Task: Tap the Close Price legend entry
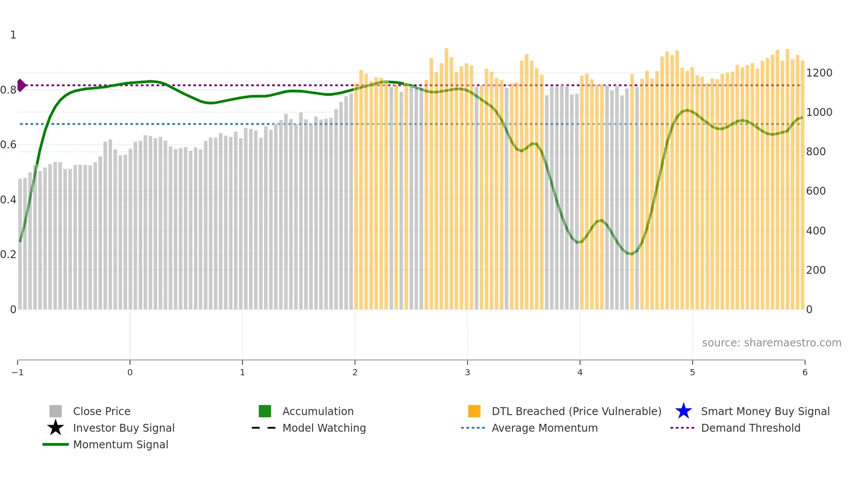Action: coord(101,411)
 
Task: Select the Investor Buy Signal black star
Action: coord(56,428)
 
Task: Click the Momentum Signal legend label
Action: coord(120,444)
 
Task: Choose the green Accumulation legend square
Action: coord(265,411)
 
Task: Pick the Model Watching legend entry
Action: coord(324,428)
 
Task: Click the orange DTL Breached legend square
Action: coord(474,411)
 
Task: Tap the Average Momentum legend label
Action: coord(545,428)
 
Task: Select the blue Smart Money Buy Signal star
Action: coord(683,411)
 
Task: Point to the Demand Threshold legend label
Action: coord(750,428)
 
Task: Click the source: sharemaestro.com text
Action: coord(771,342)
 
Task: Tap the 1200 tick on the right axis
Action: coord(819,73)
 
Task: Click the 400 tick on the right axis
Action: coord(816,231)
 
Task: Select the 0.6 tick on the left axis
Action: coord(8,145)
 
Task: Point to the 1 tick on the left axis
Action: coord(13,35)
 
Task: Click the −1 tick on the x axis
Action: coord(18,372)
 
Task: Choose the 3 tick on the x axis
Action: coord(468,372)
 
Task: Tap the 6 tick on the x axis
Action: coord(805,372)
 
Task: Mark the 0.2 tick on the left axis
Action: coord(8,255)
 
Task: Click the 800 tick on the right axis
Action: coord(816,152)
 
